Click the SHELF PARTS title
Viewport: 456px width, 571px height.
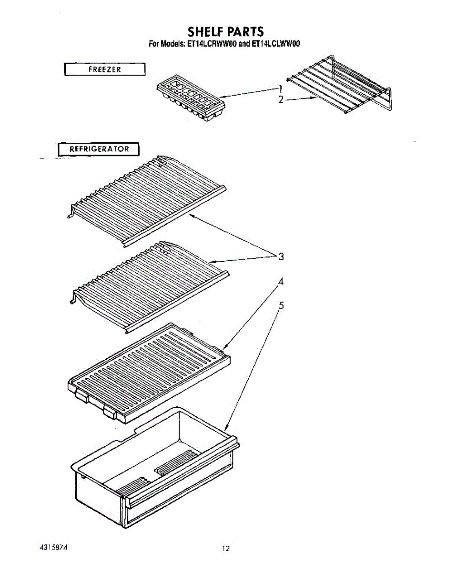225,31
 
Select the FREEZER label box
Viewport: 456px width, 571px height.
105,69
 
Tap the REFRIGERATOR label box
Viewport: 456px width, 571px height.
99,149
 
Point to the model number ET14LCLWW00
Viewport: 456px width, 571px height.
275,44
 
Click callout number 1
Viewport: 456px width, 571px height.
280,89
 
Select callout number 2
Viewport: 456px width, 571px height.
281,99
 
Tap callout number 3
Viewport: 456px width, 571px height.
281,256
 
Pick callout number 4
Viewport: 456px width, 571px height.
281,281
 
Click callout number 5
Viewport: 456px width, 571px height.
281,305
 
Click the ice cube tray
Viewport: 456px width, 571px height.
191,98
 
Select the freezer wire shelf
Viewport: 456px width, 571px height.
339,85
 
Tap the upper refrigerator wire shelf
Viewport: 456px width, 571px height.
147,201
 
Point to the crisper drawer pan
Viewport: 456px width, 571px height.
155,470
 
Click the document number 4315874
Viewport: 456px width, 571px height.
53,547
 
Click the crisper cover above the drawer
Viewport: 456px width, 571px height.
149,373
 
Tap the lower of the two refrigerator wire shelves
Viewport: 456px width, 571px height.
149,287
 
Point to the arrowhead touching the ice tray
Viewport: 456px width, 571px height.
223,97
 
